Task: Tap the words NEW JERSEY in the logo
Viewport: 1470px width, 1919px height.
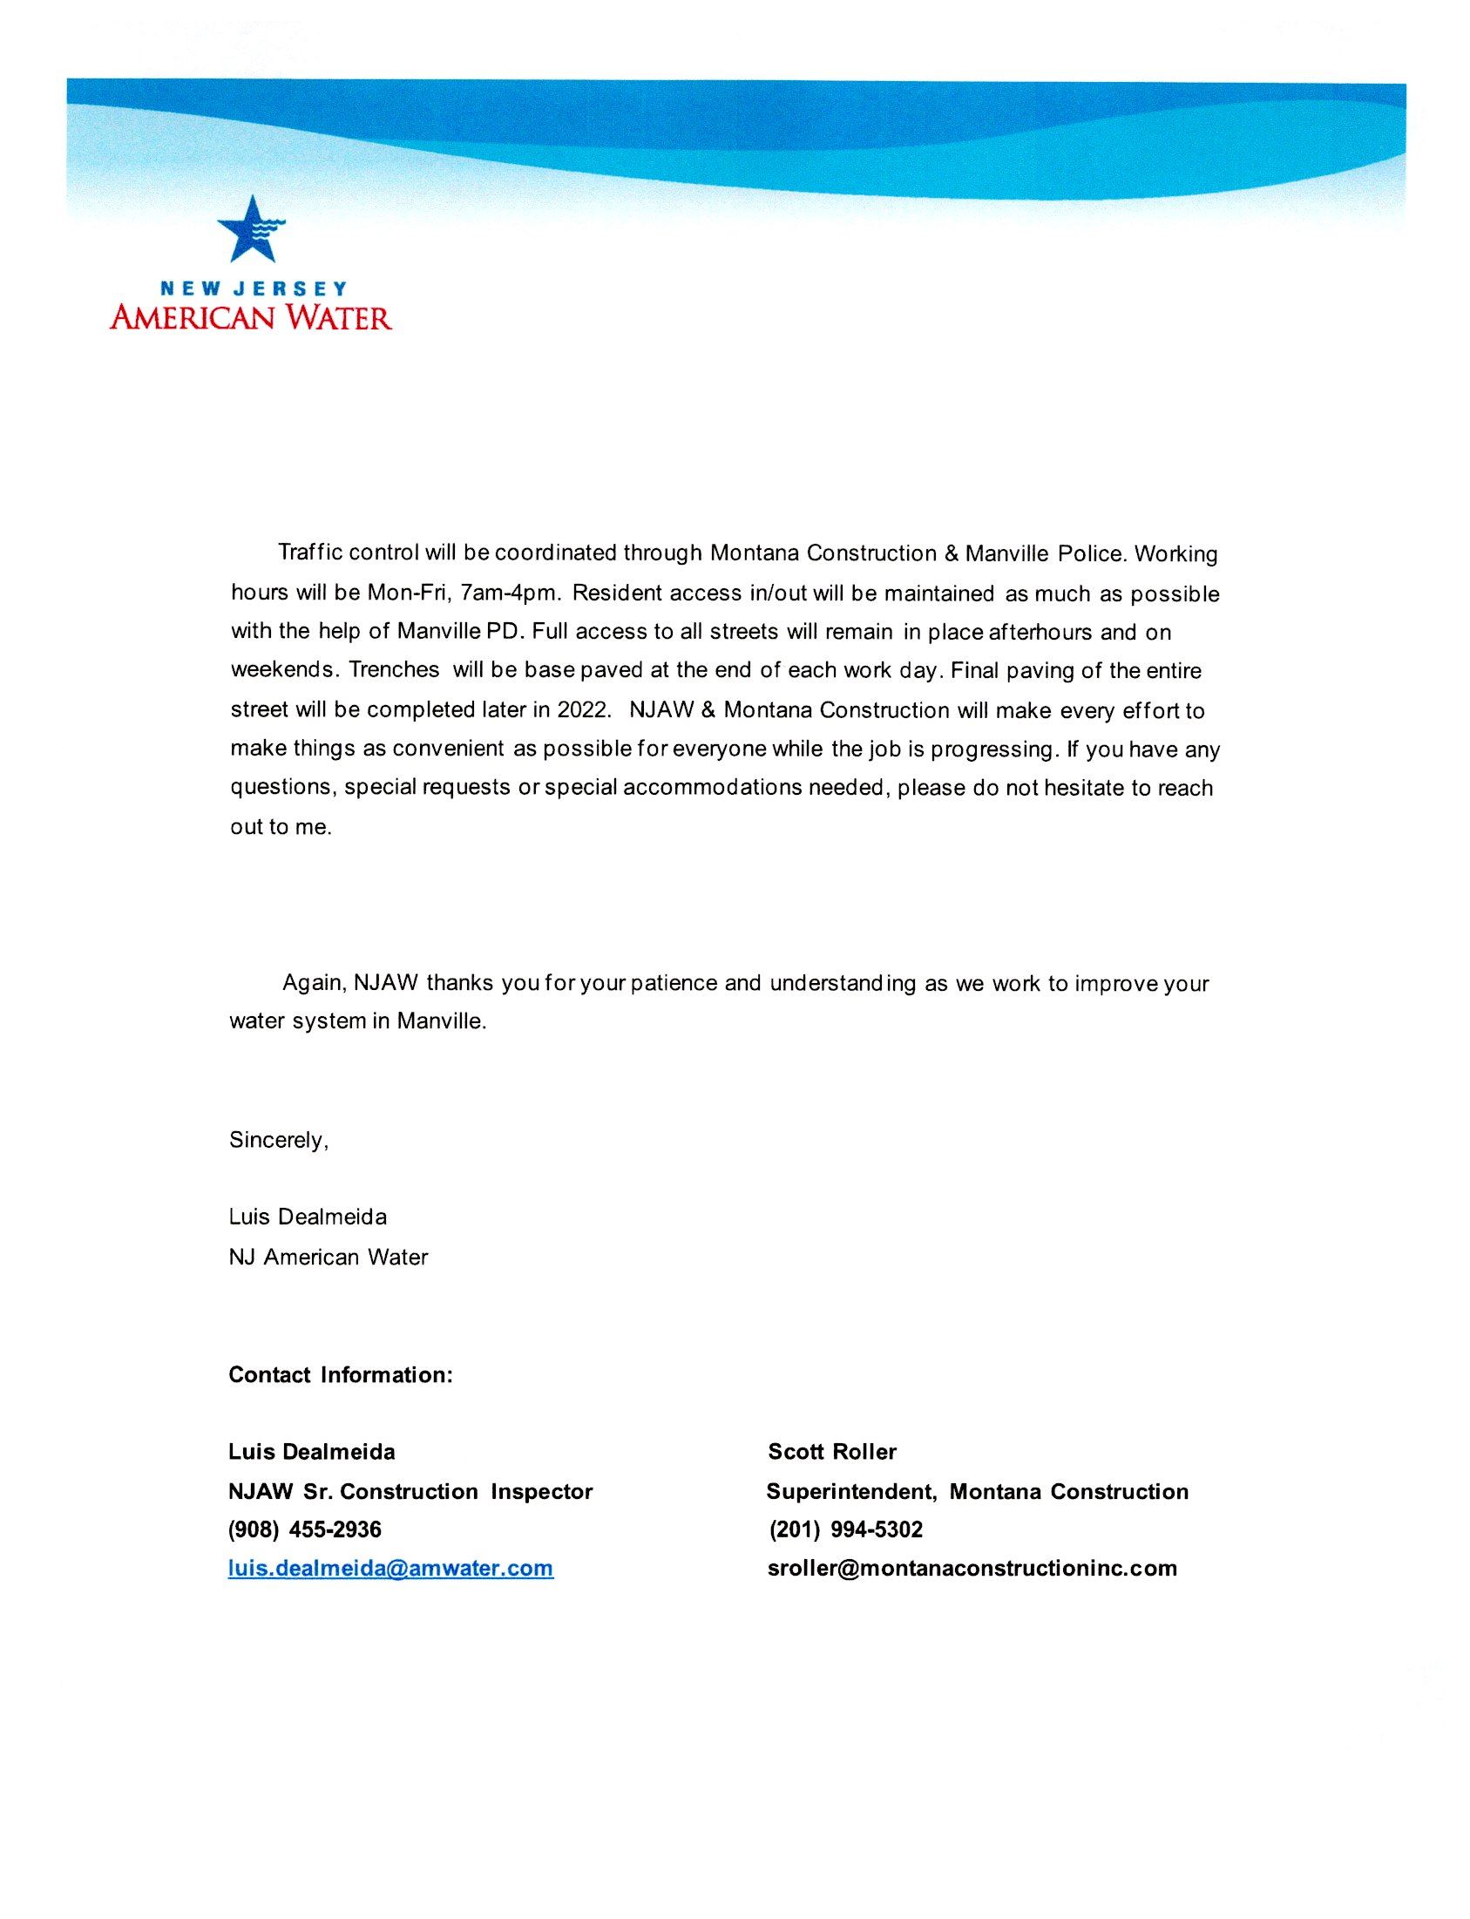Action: (253, 288)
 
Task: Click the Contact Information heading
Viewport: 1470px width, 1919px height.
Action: (341, 1374)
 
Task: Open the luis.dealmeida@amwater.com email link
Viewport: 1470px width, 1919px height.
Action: (390, 1567)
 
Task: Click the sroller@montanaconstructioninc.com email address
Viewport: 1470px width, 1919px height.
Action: (972, 1567)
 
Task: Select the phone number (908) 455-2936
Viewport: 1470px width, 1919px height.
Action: (304, 1529)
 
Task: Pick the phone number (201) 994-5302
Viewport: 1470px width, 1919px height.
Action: (845, 1529)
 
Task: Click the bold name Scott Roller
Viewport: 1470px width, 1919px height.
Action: (832, 1452)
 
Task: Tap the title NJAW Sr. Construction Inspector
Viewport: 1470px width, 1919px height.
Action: (410, 1491)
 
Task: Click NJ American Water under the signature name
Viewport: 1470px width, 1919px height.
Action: (329, 1258)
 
